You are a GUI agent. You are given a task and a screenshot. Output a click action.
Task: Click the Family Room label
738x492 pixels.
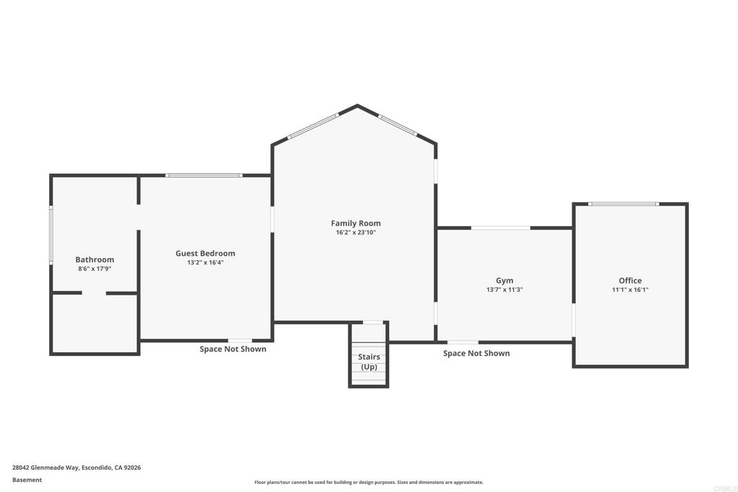click(356, 223)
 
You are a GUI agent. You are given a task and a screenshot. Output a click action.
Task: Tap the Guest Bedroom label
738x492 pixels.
click(205, 254)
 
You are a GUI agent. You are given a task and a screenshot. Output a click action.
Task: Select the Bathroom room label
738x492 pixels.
click(94, 259)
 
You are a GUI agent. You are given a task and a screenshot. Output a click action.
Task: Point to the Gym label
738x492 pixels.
click(504, 281)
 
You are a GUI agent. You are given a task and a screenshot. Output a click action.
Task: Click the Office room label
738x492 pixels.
click(630, 281)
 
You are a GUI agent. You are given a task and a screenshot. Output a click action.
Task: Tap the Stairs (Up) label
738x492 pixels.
click(369, 362)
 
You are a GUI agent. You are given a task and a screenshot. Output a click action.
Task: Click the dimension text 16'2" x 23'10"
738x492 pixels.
click(356, 233)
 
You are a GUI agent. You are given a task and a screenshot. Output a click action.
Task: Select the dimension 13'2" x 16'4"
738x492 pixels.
click(205, 262)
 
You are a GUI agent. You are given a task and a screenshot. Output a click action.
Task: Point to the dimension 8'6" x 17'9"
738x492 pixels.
click(94, 269)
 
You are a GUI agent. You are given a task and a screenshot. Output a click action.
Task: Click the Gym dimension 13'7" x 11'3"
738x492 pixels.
click(504, 290)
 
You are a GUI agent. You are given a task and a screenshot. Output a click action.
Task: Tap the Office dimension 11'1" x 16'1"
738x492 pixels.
click(630, 290)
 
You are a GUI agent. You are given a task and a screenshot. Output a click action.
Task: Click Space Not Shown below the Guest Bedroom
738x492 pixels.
click(233, 349)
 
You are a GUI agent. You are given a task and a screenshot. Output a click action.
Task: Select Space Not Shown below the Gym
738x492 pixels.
click(476, 353)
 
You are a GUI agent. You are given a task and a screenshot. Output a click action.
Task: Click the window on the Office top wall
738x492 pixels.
click(623, 204)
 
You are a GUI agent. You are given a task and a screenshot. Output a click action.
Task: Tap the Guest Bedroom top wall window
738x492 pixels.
click(204, 176)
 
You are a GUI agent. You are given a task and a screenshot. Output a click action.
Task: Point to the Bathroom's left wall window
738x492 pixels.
click(51, 234)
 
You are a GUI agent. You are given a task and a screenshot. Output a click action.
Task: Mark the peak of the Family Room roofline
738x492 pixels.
click(357, 105)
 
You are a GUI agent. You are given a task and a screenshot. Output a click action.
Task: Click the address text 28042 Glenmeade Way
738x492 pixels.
click(45, 468)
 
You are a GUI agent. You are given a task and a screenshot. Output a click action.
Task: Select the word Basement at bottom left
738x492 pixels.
click(27, 480)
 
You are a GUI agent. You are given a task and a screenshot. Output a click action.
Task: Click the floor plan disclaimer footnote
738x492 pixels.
click(369, 482)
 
